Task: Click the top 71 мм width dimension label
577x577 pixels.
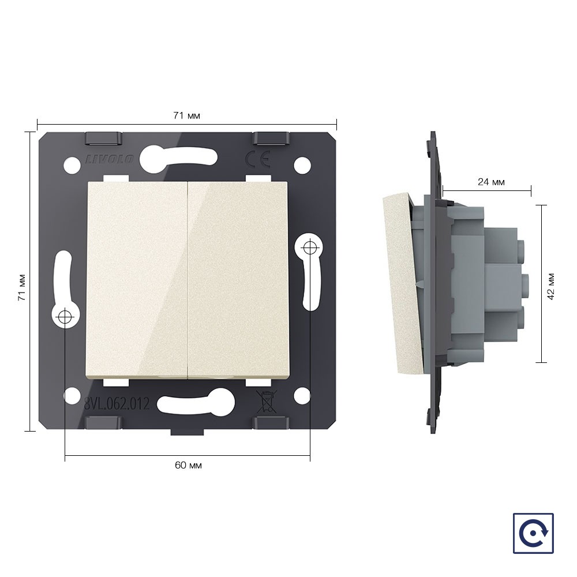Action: pos(186,115)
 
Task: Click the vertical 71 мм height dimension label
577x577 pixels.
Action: pos(22,287)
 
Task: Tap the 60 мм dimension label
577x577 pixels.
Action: pos(188,465)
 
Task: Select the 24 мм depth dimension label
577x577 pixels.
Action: pos(491,182)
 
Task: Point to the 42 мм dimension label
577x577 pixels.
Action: pos(550,287)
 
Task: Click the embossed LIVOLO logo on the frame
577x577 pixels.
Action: pos(110,159)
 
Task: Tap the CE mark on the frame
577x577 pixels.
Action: pos(258,159)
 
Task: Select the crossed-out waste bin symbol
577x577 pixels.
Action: pos(266,402)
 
